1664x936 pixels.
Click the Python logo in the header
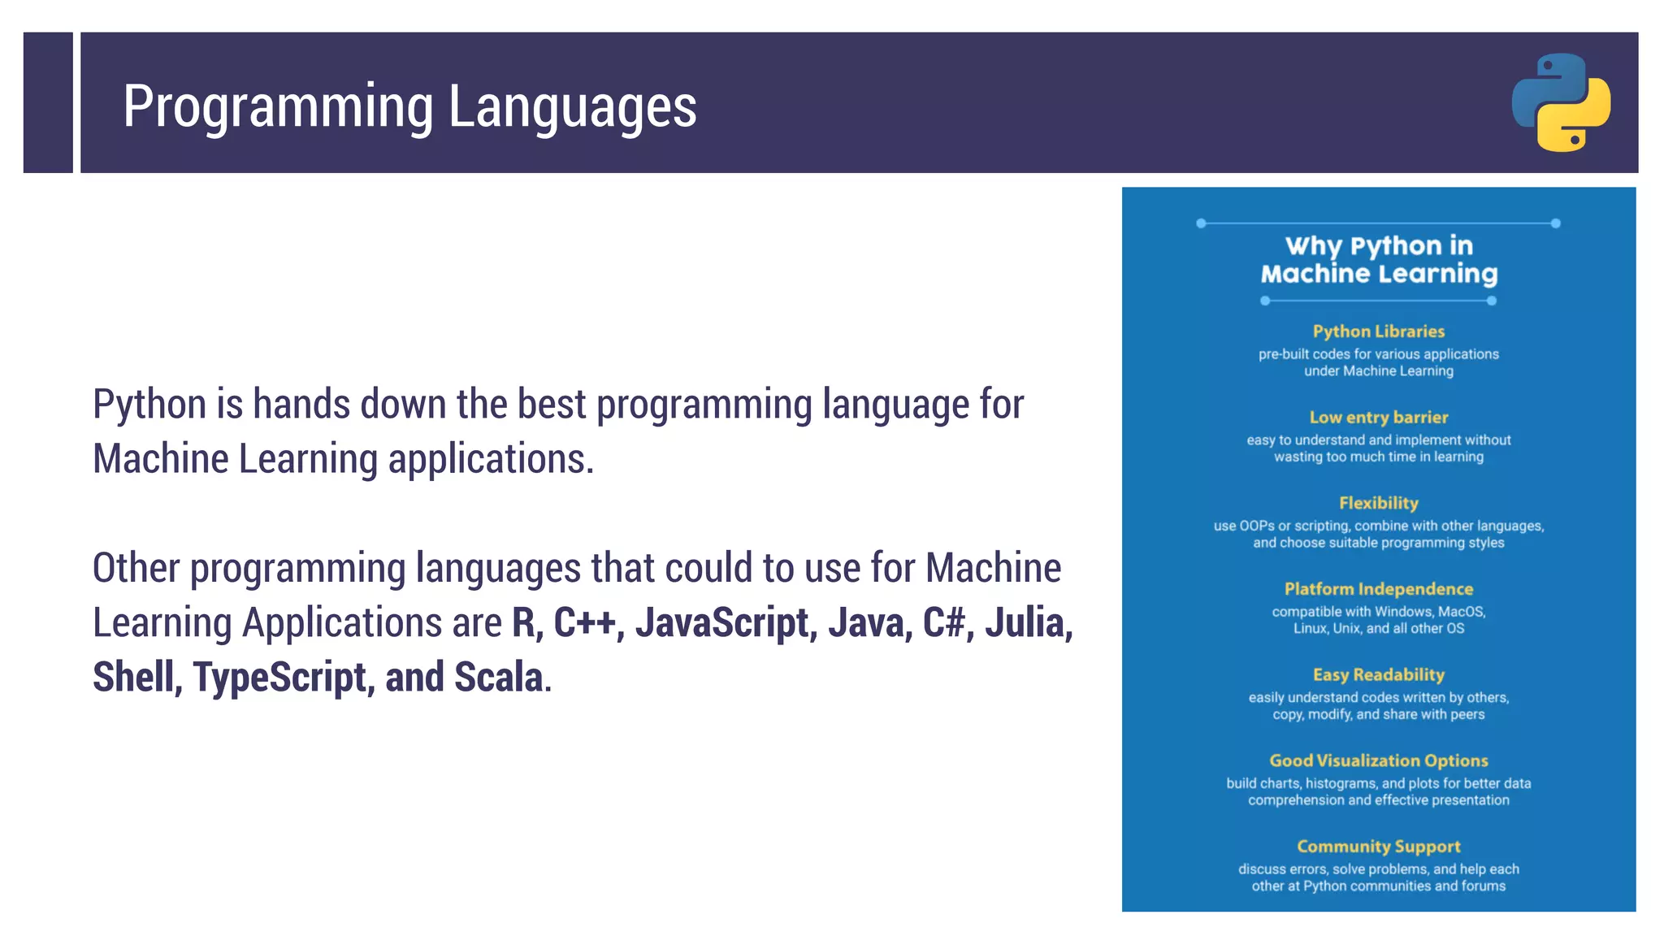(x=1561, y=102)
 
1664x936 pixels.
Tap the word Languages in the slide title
(x=572, y=107)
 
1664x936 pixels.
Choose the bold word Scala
(x=498, y=678)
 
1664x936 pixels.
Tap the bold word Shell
(x=136, y=678)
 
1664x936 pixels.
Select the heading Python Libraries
(x=1378, y=331)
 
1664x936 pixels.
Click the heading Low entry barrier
(x=1378, y=418)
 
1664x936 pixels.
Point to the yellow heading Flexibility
(x=1378, y=503)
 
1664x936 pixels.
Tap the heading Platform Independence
(x=1378, y=589)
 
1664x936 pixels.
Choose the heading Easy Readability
(x=1378, y=675)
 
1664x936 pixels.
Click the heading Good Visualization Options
(x=1378, y=760)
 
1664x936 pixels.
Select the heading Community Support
(x=1378, y=847)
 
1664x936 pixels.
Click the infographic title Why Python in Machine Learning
(x=1378, y=260)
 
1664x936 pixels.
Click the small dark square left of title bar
(x=48, y=102)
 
